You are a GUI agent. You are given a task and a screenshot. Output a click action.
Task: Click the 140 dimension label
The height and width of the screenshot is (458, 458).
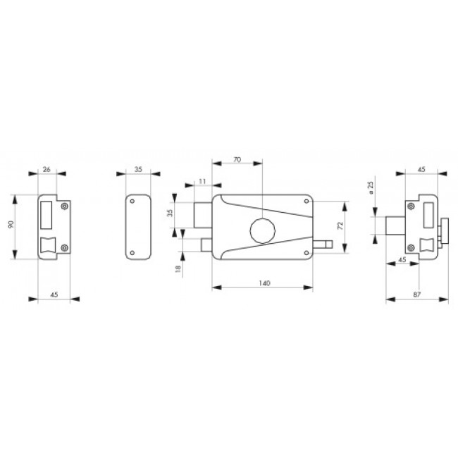(x=264, y=283)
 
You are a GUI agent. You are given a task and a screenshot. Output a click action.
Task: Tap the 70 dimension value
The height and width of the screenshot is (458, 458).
(x=237, y=159)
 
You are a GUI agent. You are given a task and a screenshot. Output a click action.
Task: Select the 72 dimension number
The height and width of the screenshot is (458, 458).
(x=340, y=225)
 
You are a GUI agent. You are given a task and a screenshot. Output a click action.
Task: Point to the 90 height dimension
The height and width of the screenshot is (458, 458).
(x=11, y=225)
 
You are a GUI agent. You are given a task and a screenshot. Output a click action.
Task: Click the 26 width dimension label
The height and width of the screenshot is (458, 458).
(x=47, y=169)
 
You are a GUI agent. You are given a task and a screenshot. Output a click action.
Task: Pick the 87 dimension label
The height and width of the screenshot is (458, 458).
(x=417, y=295)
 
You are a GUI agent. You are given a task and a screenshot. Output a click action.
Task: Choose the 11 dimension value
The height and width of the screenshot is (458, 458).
(x=202, y=181)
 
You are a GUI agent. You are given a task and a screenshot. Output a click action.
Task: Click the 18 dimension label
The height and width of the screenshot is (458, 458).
(x=178, y=268)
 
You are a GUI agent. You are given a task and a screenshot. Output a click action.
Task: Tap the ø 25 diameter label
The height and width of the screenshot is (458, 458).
(x=371, y=188)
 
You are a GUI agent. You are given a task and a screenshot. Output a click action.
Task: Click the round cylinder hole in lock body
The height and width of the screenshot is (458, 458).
(x=262, y=230)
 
